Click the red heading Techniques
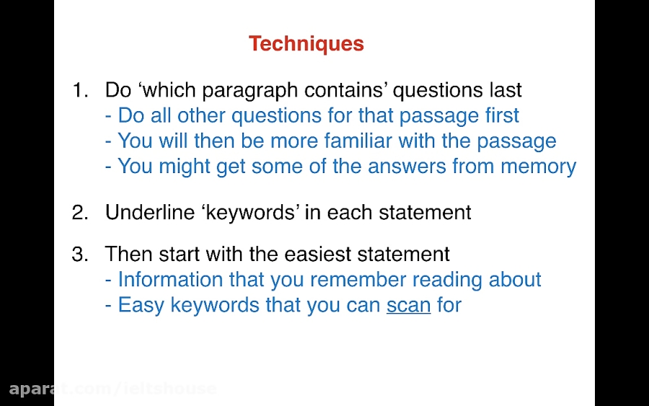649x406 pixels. click(x=306, y=44)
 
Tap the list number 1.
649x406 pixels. click(x=80, y=90)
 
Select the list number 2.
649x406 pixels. click(x=80, y=212)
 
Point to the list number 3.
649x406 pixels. click(x=80, y=254)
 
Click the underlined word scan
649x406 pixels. click(x=409, y=306)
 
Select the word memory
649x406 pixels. click(x=539, y=167)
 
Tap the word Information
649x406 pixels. click(x=170, y=279)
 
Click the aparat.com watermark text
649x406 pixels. click(x=112, y=389)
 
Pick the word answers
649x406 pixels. click(x=407, y=167)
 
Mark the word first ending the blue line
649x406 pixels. click(x=502, y=115)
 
